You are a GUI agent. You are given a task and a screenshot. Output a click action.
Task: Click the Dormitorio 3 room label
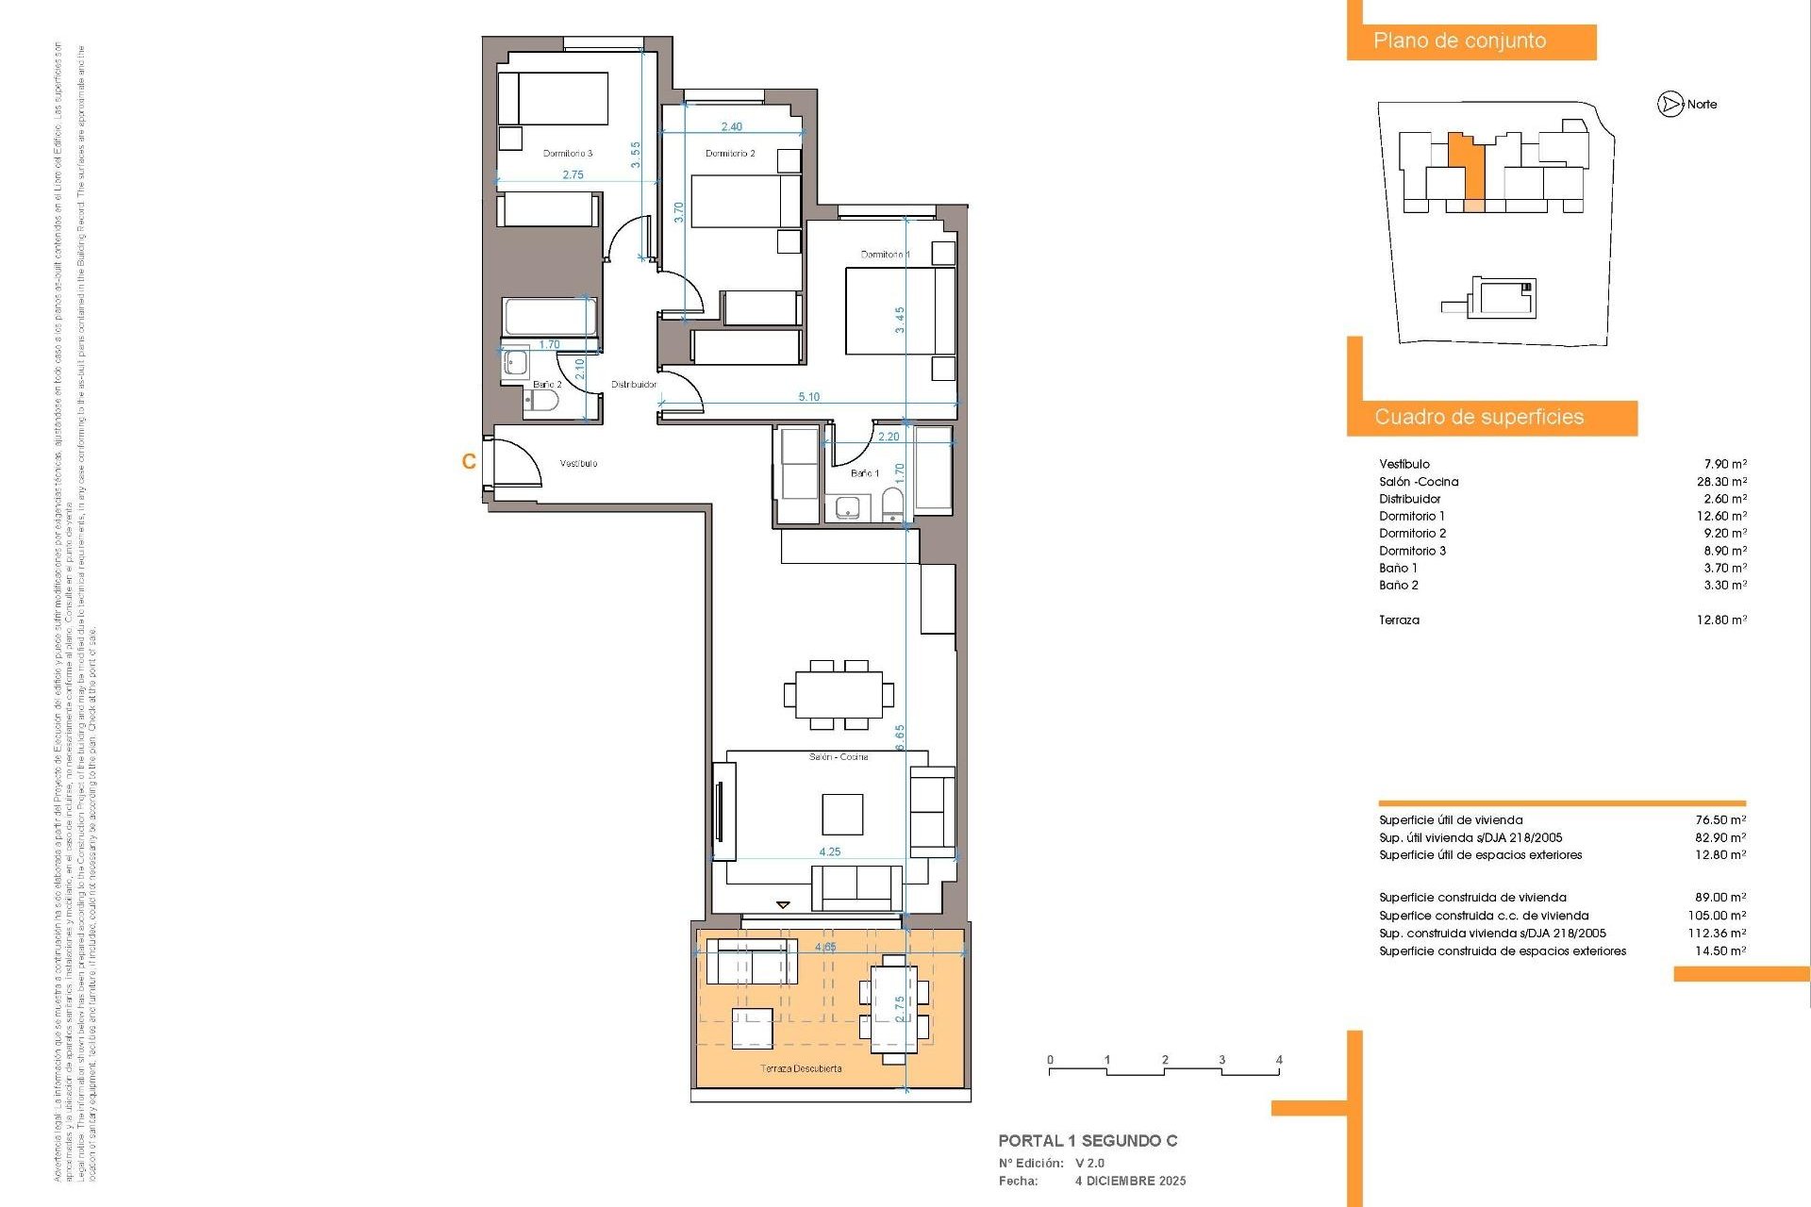568,153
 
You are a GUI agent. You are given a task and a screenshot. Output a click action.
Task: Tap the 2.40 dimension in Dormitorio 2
731,126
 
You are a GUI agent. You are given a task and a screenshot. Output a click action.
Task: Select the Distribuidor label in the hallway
634,385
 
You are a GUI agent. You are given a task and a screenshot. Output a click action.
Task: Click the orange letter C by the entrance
469,461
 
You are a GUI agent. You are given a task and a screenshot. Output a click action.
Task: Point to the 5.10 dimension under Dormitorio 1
808,397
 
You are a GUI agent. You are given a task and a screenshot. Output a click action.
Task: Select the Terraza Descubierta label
801,1068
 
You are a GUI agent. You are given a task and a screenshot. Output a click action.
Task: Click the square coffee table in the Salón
841,814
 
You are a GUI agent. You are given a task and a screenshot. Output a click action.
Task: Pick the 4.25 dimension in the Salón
829,852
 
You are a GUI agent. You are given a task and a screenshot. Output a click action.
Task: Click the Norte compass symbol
1670,105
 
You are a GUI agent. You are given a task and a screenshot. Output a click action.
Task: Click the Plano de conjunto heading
1459,41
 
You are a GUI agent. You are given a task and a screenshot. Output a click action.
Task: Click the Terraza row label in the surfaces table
1399,620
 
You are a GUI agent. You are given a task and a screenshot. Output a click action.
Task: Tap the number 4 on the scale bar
1279,1060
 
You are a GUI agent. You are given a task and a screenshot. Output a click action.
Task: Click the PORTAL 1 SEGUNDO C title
1088,1141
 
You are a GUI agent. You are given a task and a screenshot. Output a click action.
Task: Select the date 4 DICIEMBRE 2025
1130,1181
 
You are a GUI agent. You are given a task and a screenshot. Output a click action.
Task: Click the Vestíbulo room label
578,464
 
